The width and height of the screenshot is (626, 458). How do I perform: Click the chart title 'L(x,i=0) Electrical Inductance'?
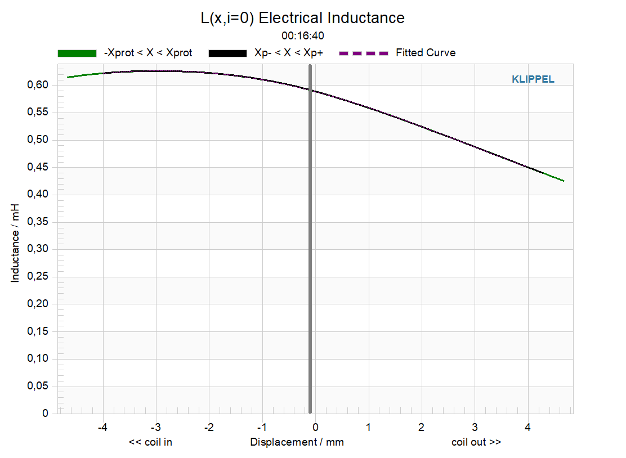pos(303,18)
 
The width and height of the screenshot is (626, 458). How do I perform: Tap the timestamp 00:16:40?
pos(303,36)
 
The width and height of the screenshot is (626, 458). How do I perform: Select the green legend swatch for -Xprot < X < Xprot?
pos(77,53)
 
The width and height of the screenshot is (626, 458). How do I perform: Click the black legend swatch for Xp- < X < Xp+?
pos(227,53)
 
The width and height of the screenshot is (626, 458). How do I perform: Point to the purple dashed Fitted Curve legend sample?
pos(363,53)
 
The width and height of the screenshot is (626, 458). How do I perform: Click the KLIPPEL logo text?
pos(533,79)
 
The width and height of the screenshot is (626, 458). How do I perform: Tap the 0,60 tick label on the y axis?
pos(38,84)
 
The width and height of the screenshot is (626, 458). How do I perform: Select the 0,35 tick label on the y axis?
pos(38,222)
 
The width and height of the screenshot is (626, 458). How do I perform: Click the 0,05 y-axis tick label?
pos(38,386)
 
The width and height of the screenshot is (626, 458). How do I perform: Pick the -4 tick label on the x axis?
pos(102,427)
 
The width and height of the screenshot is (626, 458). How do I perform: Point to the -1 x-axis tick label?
pos(262,427)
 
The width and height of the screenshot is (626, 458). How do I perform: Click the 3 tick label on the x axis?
pos(475,427)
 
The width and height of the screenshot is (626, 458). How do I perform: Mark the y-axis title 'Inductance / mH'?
pos(15,243)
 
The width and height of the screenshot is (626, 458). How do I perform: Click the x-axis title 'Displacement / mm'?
pos(297,442)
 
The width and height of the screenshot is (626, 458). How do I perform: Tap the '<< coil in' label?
pos(150,442)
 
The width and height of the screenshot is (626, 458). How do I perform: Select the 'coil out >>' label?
pos(476,442)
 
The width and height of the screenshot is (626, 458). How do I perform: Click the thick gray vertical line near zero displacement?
pos(310,239)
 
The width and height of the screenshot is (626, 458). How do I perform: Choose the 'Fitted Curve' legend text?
pos(426,53)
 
